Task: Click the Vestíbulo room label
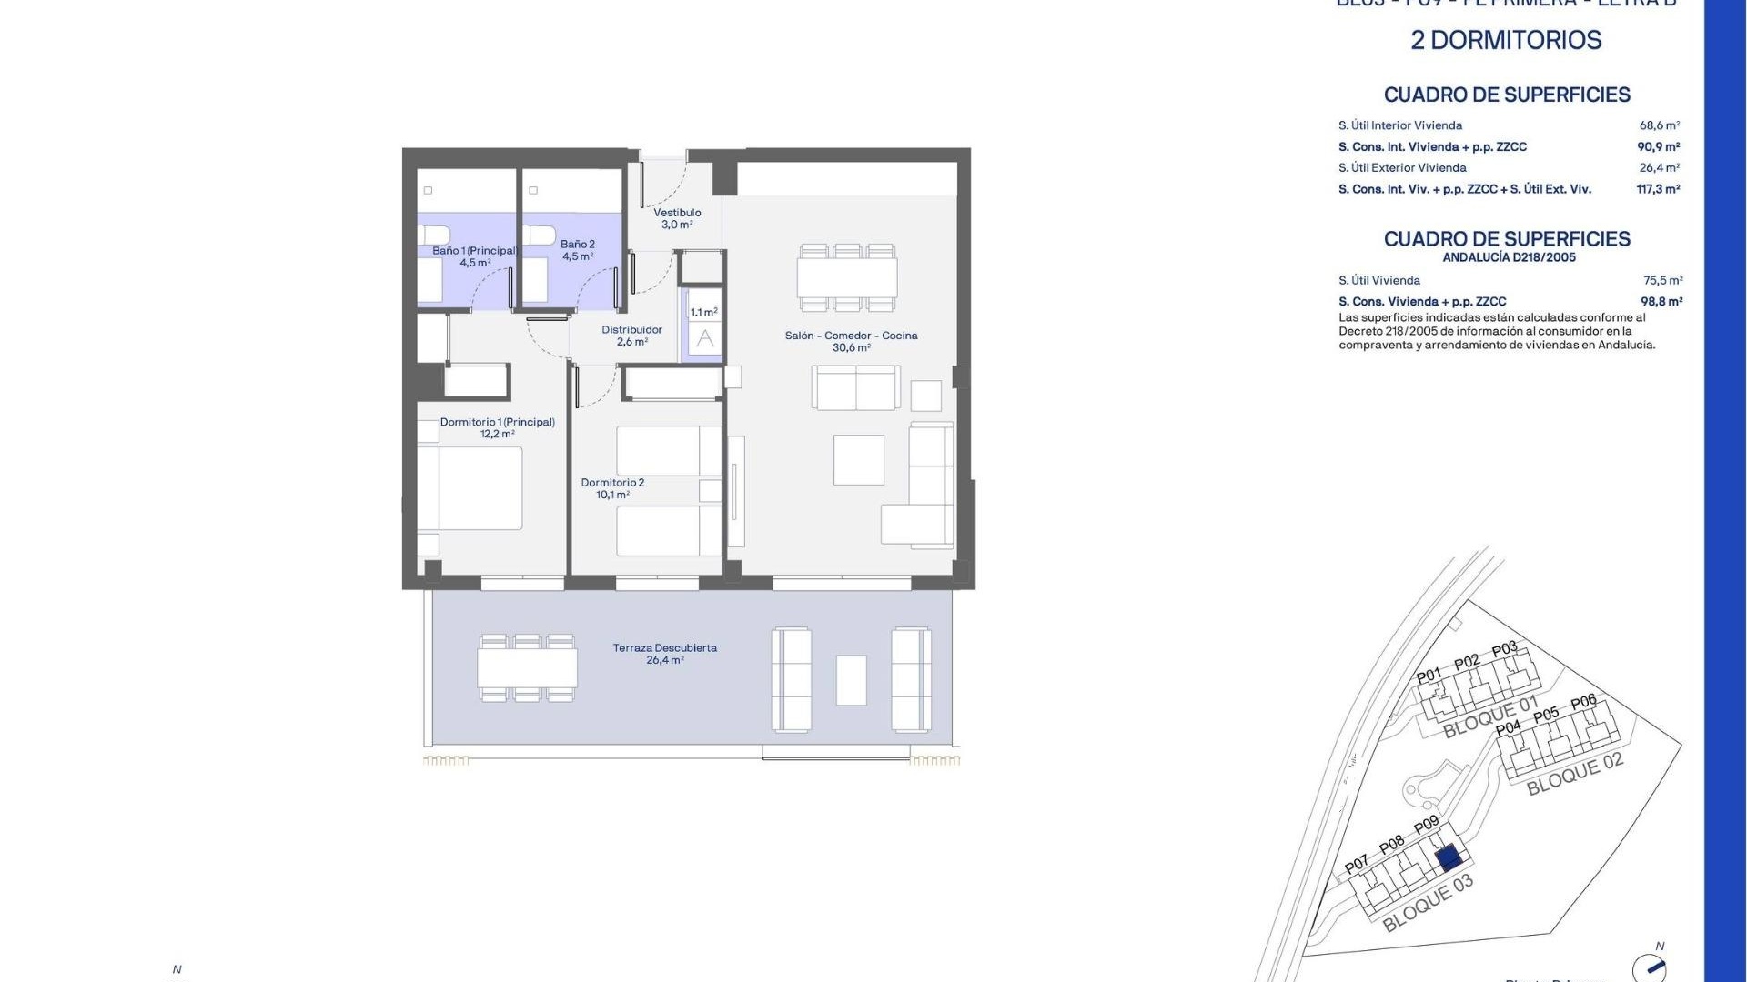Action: tap(677, 213)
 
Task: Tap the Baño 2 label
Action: tap(578, 245)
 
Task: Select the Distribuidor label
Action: tap(631, 330)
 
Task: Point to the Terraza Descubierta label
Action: tap(665, 648)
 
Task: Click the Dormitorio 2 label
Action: tap(612, 483)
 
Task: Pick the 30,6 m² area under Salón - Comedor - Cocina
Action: tap(851, 348)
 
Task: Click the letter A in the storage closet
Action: tap(704, 339)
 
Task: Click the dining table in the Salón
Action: tap(847, 277)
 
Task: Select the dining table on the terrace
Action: tap(528, 668)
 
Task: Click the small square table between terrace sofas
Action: tap(852, 680)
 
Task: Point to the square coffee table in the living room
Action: tap(859, 460)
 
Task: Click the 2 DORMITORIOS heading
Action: tap(1506, 40)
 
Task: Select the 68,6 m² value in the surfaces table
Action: tap(1660, 126)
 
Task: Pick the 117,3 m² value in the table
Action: tap(1658, 190)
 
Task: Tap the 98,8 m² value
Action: tap(1661, 302)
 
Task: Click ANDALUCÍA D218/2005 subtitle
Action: tap(1509, 257)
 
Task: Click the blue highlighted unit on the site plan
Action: tap(1447, 857)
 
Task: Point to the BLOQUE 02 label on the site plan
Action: tap(1574, 774)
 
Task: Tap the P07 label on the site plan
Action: tap(1357, 864)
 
